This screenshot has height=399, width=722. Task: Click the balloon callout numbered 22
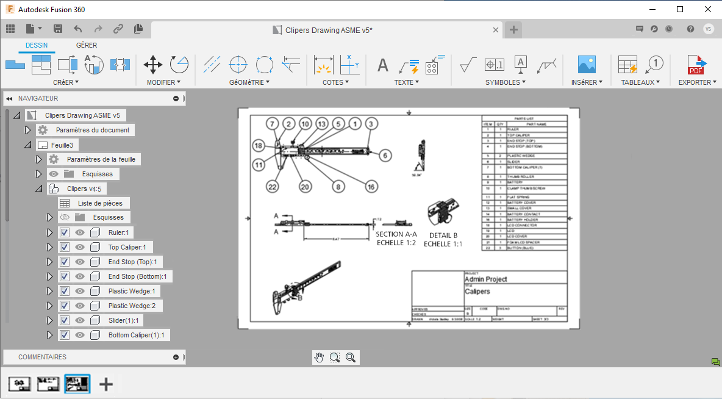tap(272, 187)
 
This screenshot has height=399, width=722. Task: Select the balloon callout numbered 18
tap(259, 146)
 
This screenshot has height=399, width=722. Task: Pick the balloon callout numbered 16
tap(371, 187)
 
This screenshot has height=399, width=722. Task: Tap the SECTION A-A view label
tap(396, 239)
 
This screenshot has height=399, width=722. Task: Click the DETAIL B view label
tap(443, 239)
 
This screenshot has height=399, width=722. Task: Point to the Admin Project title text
tap(486, 279)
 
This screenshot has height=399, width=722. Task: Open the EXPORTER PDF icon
tap(696, 64)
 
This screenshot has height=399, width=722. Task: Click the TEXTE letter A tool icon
tap(383, 65)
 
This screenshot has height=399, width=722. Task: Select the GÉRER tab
tap(87, 45)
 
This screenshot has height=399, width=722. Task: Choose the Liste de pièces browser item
tap(99, 203)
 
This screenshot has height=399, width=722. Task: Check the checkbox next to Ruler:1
tap(65, 232)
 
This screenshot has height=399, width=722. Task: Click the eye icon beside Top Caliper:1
tap(80, 247)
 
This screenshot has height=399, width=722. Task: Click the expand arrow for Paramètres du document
tap(27, 130)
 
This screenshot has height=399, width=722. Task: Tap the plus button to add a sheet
tap(106, 384)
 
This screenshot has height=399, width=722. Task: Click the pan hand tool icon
tap(319, 358)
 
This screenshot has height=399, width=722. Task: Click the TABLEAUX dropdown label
tap(640, 82)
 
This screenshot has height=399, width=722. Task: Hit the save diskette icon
tap(58, 29)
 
